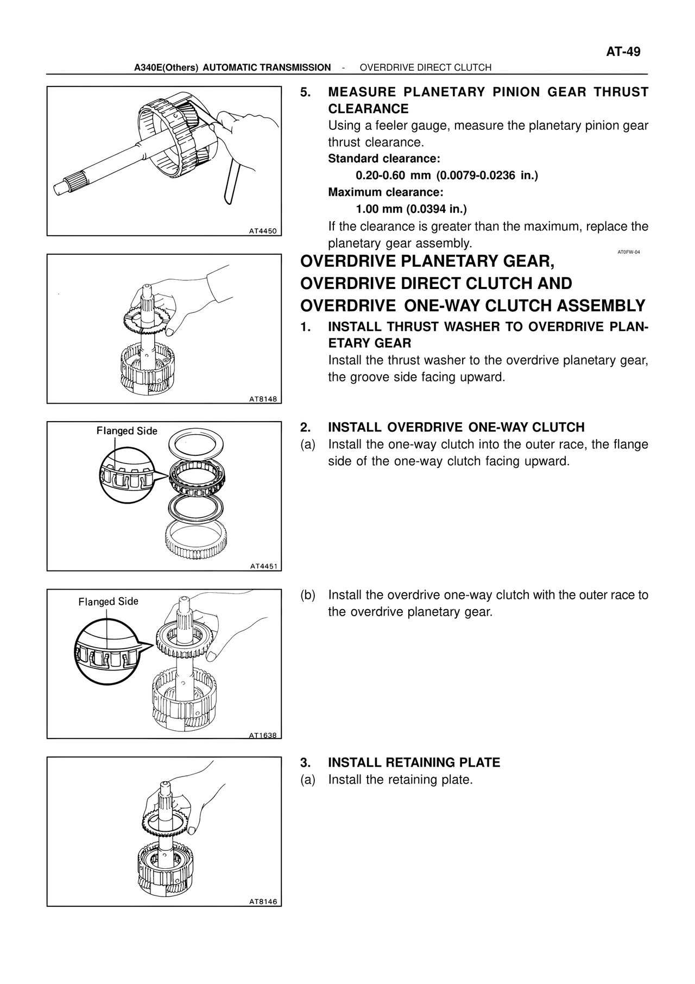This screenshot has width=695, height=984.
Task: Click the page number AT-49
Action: tap(623, 52)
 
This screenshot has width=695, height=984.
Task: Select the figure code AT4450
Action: tap(263, 231)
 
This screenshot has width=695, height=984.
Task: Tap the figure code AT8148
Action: tap(263, 399)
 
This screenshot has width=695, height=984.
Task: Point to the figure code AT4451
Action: tap(263, 566)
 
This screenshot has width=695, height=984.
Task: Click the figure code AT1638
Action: tap(263, 735)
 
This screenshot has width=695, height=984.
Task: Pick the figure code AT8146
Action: tap(263, 901)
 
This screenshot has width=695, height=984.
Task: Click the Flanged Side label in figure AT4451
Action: tap(127, 431)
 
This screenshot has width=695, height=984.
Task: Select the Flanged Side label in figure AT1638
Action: tap(108, 601)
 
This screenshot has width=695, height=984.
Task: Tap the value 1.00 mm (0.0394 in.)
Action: tap(411, 209)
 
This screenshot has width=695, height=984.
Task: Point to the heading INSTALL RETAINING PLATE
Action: tap(414, 762)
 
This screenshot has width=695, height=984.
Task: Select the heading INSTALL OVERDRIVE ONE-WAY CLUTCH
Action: tap(456, 427)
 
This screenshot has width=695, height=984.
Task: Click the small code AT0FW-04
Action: tap(629, 252)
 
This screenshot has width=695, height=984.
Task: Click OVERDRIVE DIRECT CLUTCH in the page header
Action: tap(425, 67)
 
